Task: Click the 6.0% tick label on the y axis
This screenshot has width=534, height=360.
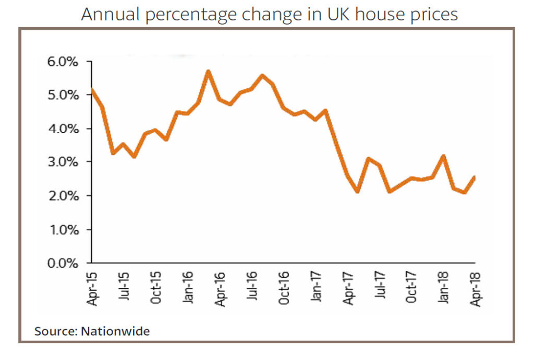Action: click(x=63, y=62)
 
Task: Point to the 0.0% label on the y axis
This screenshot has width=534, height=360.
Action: click(x=63, y=263)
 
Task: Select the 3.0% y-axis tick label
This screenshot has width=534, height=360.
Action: click(x=63, y=162)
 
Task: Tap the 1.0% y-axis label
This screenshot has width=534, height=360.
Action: click(x=63, y=230)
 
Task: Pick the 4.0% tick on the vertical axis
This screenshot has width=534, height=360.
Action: click(x=63, y=128)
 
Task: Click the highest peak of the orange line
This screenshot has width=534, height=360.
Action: click(x=209, y=71)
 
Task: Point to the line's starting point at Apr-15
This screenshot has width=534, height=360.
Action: click(x=92, y=90)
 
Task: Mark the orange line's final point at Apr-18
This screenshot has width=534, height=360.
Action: click(x=475, y=177)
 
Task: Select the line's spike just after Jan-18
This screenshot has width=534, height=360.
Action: click(x=443, y=156)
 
